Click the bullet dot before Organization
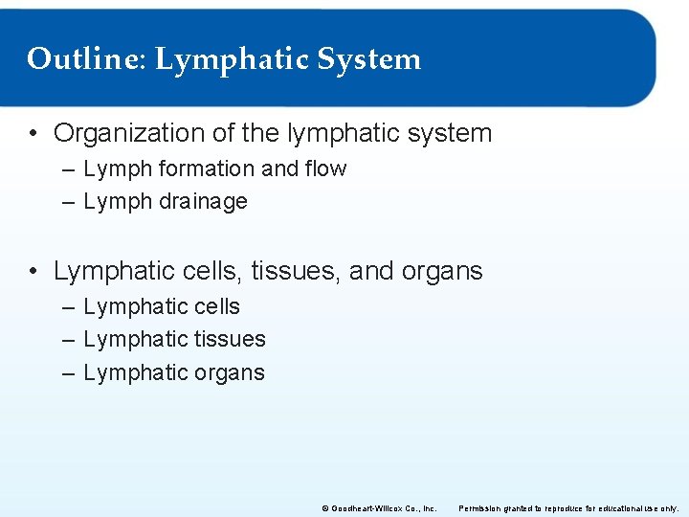[x=33, y=134]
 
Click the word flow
[x=326, y=169]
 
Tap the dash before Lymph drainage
[x=68, y=202]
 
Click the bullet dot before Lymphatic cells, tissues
[x=33, y=272]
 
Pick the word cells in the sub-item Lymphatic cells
[x=217, y=307]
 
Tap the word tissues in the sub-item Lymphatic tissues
[x=229, y=340]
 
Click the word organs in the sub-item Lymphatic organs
[x=229, y=373]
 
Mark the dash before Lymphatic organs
[x=68, y=373]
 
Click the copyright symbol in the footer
[x=323, y=508]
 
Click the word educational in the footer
[x=618, y=508]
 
